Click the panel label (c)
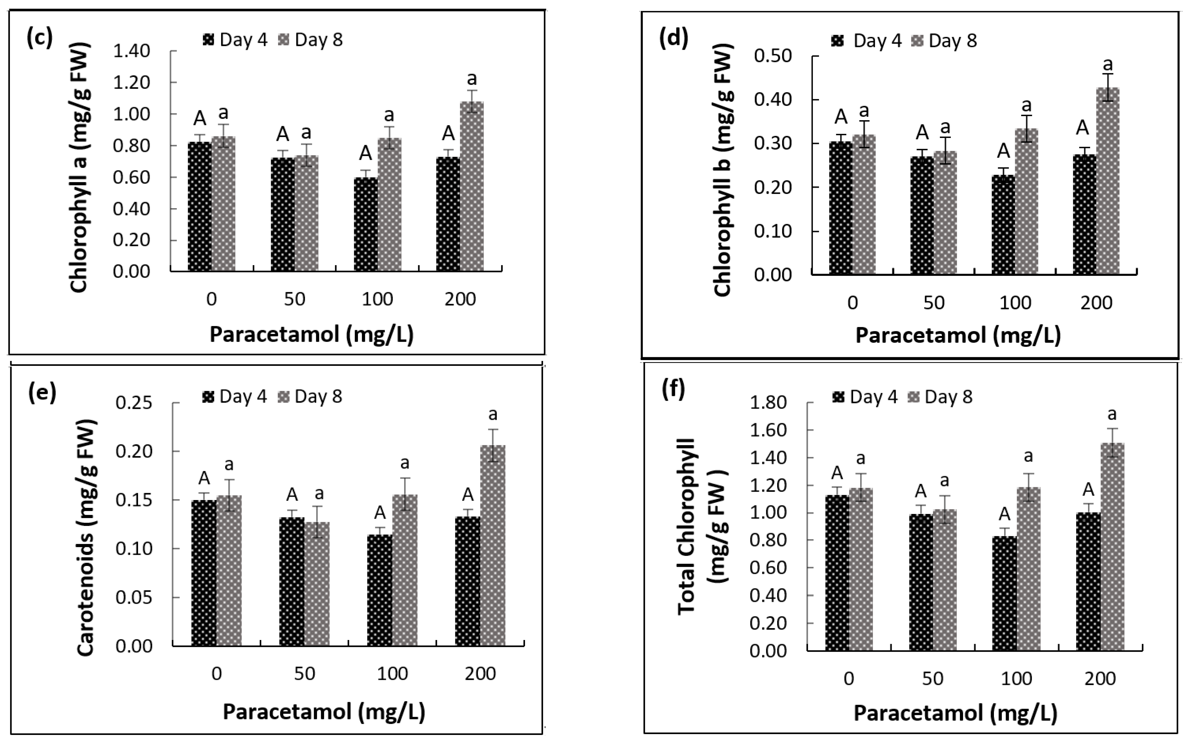[40, 38]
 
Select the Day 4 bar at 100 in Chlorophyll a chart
[365, 224]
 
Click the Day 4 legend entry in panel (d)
[867, 41]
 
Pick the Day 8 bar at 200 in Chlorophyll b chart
[1108, 181]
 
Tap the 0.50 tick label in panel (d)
[773, 56]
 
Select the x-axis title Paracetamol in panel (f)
[955, 713]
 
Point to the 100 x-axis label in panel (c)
[377, 299]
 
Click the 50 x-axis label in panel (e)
[304, 674]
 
